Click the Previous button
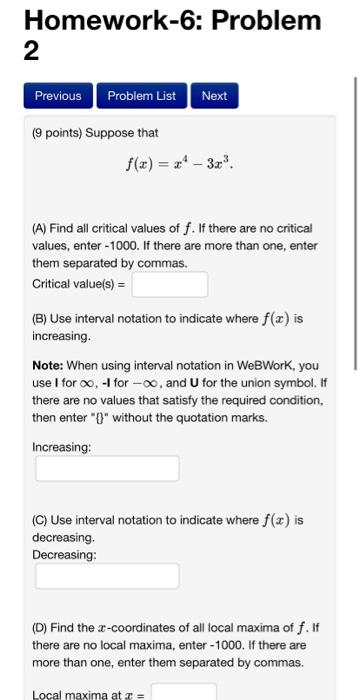(58, 96)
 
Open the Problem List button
(141, 96)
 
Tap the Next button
(214, 96)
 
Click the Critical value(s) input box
(169, 284)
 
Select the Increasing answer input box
(107, 468)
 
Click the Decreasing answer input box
(107, 575)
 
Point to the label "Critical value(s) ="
(79, 284)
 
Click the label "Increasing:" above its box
(62, 447)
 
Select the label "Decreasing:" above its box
(65, 554)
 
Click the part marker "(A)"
(42, 230)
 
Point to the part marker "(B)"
(42, 320)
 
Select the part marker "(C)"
(42, 520)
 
